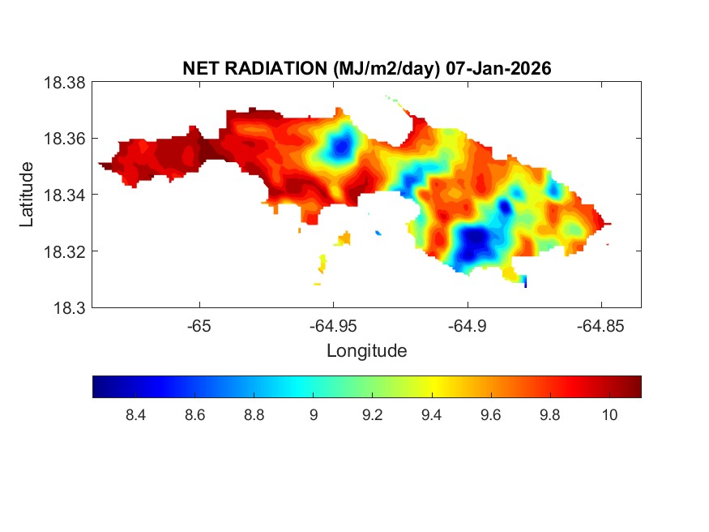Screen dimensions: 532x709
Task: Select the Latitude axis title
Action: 27,194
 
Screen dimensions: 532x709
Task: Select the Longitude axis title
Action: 366,351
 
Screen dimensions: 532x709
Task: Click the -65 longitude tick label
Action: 199,325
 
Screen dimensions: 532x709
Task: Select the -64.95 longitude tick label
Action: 333,325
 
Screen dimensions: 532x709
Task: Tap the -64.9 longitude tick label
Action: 467,325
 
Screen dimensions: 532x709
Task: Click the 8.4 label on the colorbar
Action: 135,415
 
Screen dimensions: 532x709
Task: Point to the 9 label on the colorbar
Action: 314,415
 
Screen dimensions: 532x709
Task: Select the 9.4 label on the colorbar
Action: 432,415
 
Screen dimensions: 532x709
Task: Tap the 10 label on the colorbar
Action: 610,415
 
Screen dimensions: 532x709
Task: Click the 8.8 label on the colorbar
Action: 254,415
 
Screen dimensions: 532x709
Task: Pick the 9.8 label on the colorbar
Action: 550,415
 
